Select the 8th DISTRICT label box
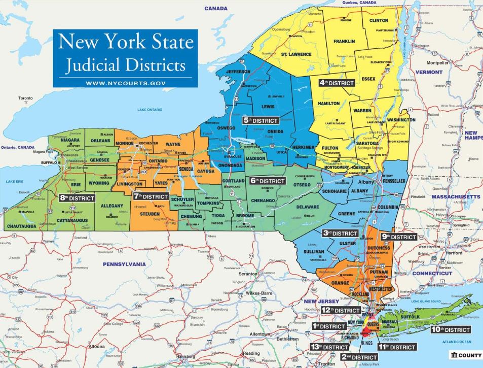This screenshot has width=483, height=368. (x=77, y=198)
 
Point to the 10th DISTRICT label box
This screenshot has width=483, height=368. (x=450, y=329)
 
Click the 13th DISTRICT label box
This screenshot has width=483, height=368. (x=329, y=347)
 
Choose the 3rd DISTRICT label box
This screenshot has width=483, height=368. (x=341, y=233)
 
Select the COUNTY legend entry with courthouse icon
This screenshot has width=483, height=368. (x=465, y=354)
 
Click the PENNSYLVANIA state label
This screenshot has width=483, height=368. (x=124, y=264)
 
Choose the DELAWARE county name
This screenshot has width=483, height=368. (x=308, y=207)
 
